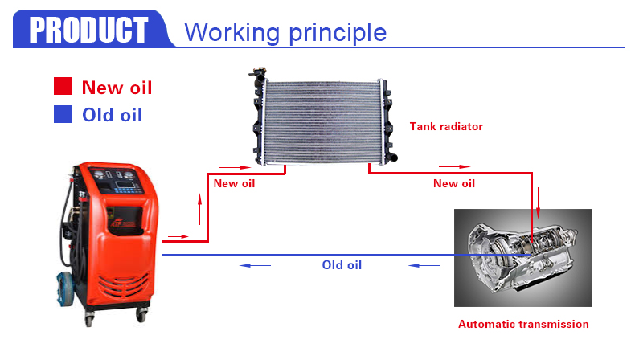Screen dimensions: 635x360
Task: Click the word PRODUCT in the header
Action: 88,30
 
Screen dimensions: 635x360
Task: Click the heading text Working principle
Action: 285,32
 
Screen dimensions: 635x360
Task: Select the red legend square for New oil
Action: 63,86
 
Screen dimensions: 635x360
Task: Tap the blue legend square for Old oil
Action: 63,114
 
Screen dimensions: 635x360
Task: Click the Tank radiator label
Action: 446,126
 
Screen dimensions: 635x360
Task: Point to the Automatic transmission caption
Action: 523,324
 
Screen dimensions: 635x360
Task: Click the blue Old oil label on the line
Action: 342,265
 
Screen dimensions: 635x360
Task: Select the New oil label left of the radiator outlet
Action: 234,183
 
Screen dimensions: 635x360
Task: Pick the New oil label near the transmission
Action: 454,183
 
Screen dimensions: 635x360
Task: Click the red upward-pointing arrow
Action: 199,209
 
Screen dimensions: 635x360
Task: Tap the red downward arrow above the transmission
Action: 539,202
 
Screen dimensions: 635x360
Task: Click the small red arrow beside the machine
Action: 178,236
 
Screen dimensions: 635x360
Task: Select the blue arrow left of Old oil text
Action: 255,266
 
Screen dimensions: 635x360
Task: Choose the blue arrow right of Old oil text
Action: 424,266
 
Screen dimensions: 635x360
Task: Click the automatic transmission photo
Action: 522,258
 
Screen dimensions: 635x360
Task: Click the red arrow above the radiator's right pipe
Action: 454,166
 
